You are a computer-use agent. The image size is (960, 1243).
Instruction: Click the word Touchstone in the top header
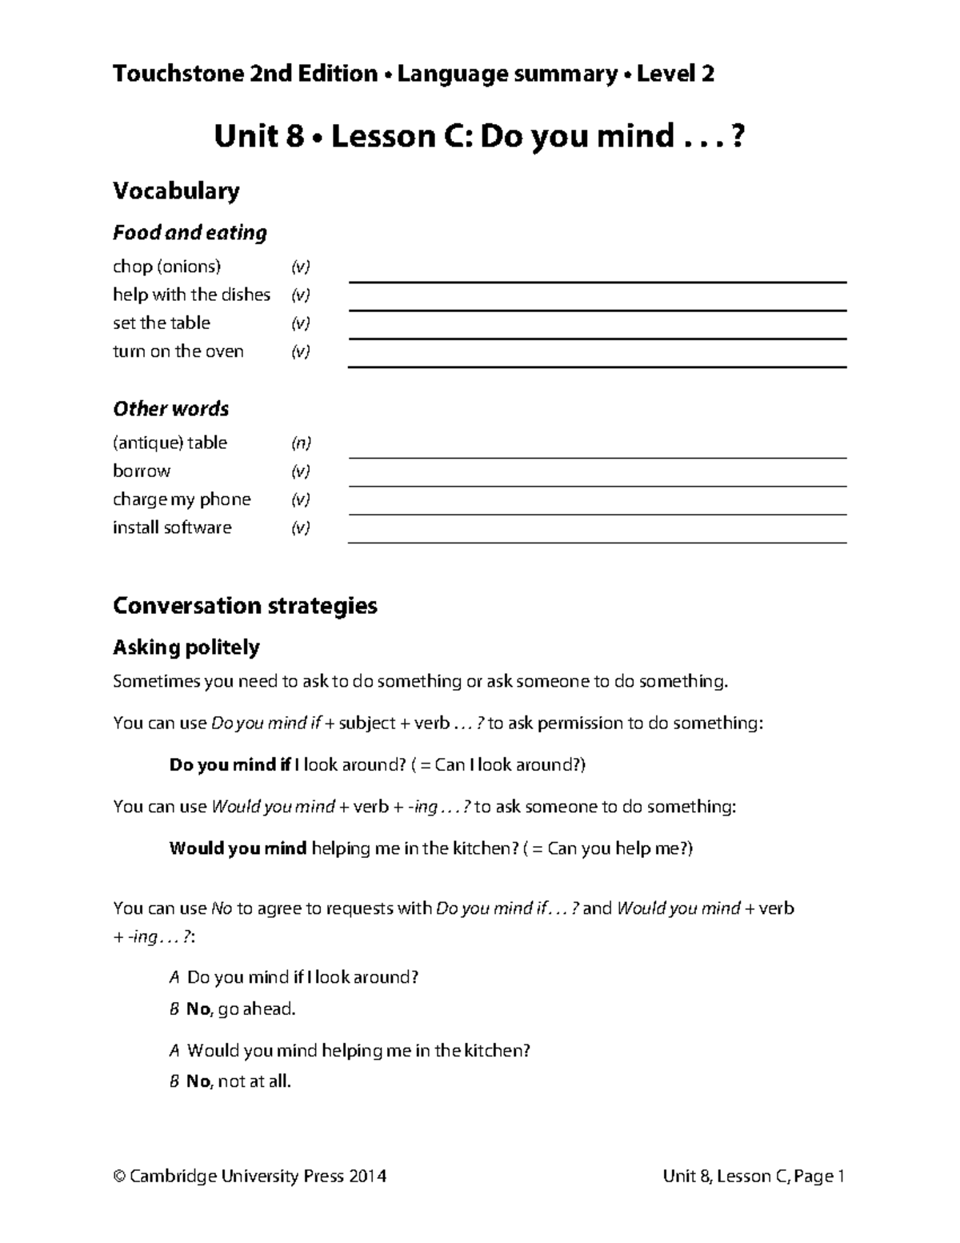[165, 74]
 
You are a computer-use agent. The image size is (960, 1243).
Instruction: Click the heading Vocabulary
[176, 191]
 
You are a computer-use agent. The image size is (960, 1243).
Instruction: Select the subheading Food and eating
[190, 233]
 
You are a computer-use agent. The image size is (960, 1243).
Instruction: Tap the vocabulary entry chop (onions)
[166, 267]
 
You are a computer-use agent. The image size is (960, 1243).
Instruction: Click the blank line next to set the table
[597, 338]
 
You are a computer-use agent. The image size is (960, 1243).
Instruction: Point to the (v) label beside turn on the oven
[300, 351]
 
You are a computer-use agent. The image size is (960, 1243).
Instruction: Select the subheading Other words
[170, 409]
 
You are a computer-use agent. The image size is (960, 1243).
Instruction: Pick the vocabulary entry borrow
[142, 471]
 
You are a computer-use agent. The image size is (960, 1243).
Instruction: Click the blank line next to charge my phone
[597, 514]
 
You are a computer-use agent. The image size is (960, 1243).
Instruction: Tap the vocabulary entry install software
[172, 527]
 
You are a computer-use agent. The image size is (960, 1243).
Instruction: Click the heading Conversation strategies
[245, 606]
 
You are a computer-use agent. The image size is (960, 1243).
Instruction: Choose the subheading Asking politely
[186, 648]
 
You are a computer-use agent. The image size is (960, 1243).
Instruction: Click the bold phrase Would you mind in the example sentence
[238, 848]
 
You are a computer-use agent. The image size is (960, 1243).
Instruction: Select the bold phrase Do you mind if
[230, 764]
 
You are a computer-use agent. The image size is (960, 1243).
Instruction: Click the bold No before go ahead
[198, 1009]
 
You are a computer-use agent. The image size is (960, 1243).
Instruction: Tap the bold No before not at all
[198, 1082]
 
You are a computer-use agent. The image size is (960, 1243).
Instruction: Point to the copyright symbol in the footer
[120, 1177]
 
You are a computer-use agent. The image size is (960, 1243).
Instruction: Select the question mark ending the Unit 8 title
[738, 137]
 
